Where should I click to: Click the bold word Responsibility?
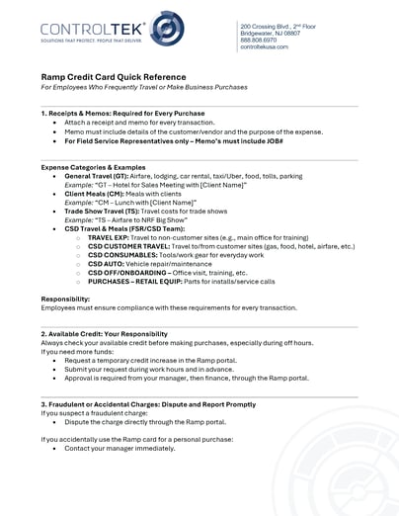point(65,298)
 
